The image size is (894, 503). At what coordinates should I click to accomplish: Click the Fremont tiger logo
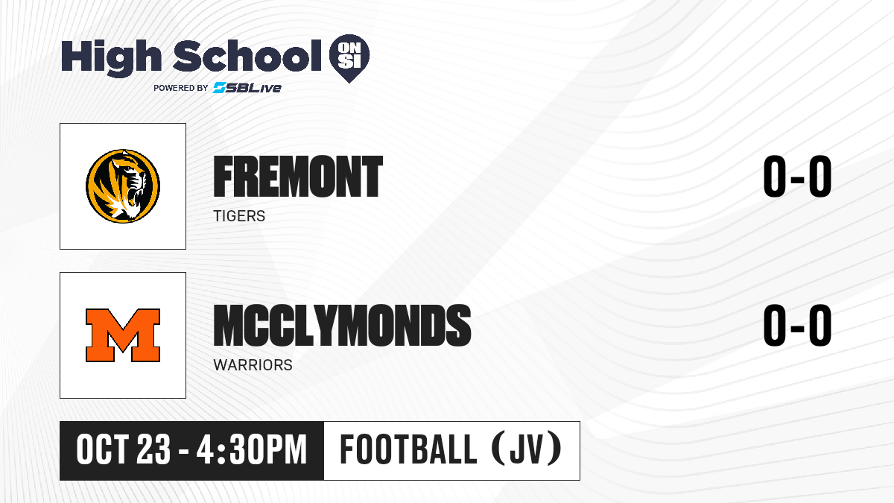coord(123,186)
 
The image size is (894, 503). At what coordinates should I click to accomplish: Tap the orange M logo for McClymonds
coord(123,335)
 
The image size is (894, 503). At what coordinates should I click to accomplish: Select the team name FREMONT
coord(298,177)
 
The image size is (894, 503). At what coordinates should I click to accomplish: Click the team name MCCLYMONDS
coord(343,326)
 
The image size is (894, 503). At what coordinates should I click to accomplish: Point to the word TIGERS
coord(239,216)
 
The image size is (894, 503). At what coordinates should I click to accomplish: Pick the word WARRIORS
coord(253,365)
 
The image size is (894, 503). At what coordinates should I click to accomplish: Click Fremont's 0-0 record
coord(797,177)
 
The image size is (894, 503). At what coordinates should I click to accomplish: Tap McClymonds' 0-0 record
coord(797,326)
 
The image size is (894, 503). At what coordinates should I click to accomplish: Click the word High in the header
coord(112,58)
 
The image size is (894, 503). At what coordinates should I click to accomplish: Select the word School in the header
coord(247,56)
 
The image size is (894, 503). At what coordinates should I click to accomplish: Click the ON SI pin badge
coord(349,58)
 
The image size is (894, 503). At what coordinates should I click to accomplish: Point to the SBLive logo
coord(247,88)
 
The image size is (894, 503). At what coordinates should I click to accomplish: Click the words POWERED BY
coord(181,88)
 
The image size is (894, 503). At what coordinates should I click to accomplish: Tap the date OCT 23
coord(124,450)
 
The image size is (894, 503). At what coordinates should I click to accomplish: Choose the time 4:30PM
coord(252,450)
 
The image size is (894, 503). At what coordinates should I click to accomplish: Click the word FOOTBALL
coord(408,450)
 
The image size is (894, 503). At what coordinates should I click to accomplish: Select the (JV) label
coord(527,449)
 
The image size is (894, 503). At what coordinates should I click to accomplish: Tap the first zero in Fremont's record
coord(774,177)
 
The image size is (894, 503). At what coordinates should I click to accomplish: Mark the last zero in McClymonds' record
coord(820,326)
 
